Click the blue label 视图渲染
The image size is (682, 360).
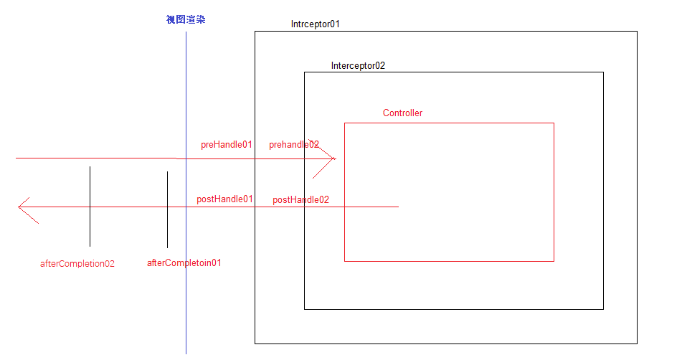click(186, 20)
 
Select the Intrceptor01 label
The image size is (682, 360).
click(315, 24)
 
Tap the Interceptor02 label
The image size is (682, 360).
click(358, 65)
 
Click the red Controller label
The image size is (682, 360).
click(402, 113)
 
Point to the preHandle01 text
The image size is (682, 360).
click(227, 144)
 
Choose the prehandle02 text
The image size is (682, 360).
click(294, 144)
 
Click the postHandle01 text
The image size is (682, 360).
click(224, 199)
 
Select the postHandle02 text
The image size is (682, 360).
click(300, 199)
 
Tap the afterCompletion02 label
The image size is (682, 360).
click(77, 263)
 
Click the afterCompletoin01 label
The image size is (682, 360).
click(184, 262)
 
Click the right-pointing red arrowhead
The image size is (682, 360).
click(333, 158)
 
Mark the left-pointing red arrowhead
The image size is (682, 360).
click(20, 207)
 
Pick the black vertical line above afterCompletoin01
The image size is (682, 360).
click(167, 209)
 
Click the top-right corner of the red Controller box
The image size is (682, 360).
click(554, 123)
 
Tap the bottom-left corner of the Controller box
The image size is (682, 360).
click(345, 261)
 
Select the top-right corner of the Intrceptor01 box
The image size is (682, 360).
click(637, 32)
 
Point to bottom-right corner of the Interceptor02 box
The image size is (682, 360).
click(603, 309)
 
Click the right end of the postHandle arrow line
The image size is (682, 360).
click(398, 207)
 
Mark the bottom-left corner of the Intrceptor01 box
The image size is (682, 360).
click(255, 344)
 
